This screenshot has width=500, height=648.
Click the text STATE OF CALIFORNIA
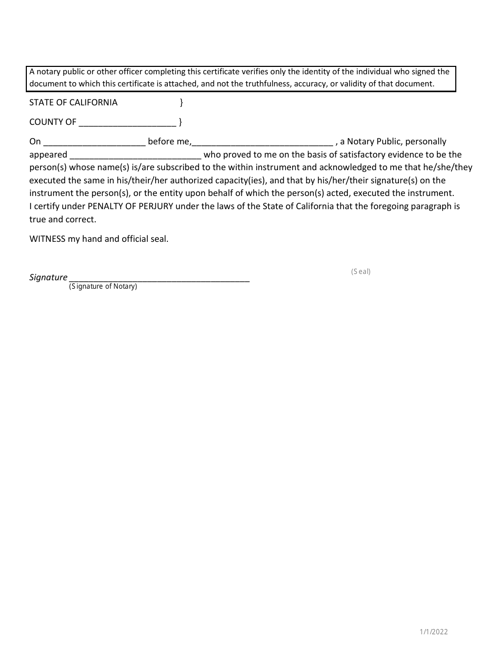73,102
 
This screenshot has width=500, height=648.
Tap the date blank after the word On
94,142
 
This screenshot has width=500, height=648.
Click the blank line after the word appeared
135,155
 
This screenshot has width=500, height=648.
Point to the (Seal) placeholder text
361,272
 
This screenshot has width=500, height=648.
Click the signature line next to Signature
159,278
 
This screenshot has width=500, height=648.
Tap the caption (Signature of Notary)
103,287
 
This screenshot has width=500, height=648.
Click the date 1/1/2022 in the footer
434,632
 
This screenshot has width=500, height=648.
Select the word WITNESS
47,239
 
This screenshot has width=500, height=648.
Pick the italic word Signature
48,277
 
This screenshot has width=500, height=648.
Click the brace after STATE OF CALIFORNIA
181,102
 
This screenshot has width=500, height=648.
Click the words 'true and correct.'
63,219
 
